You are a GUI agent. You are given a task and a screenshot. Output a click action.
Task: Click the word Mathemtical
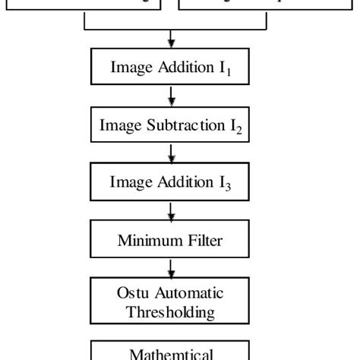coord(172,354)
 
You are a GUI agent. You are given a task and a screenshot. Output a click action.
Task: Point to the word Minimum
coord(149,241)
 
